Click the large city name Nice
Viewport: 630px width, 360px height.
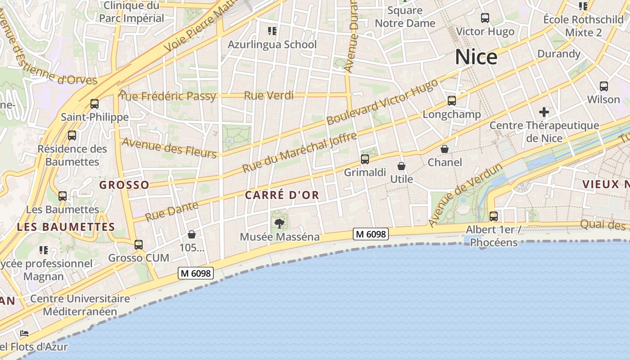[x=476, y=57]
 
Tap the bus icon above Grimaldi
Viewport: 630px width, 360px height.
[x=365, y=159]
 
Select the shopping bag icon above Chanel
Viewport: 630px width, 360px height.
[x=445, y=149]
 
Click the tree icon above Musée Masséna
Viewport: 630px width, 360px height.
[x=279, y=223]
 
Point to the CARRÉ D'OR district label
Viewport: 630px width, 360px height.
[x=282, y=195]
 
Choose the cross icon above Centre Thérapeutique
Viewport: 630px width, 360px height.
[x=544, y=112]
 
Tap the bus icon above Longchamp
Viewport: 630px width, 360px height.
[x=452, y=101]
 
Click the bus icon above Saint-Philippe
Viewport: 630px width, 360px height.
[x=94, y=104]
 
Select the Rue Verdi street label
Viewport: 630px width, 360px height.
[x=269, y=95]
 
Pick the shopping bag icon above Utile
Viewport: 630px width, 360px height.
[x=401, y=166]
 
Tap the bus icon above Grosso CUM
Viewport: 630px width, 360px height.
[x=139, y=245]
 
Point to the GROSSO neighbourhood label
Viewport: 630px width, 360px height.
[x=124, y=185]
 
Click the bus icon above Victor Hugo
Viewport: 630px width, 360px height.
[x=485, y=18]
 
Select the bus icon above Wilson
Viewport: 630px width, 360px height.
[x=604, y=86]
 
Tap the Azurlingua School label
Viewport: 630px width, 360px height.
[x=272, y=45]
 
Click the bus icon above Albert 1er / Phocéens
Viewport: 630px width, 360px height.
[x=494, y=216]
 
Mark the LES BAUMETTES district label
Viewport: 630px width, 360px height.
[x=66, y=227]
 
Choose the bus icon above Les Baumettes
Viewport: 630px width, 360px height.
[x=63, y=196]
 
